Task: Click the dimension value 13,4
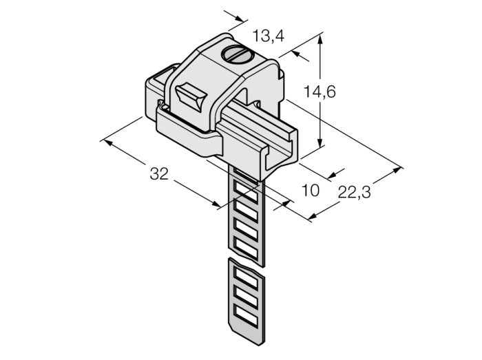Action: click(x=269, y=36)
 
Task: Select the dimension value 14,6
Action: click(x=319, y=92)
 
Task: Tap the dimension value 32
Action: click(x=159, y=173)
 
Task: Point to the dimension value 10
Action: click(x=311, y=191)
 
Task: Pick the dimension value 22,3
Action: click(x=355, y=193)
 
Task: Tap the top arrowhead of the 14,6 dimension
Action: click(x=320, y=39)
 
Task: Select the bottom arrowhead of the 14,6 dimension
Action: click(x=320, y=141)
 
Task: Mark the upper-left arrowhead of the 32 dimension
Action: click(x=108, y=143)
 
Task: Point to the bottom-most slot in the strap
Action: click(x=246, y=315)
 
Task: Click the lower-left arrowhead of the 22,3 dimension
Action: click(x=313, y=217)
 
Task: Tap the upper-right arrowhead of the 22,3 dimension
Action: click(x=397, y=170)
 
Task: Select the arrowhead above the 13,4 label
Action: click(x=241, y=19)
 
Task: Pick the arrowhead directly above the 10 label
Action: click(x=333, y=176)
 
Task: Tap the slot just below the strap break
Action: click(x=246, y=277)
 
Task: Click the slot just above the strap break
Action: click(x=246, y=247)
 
